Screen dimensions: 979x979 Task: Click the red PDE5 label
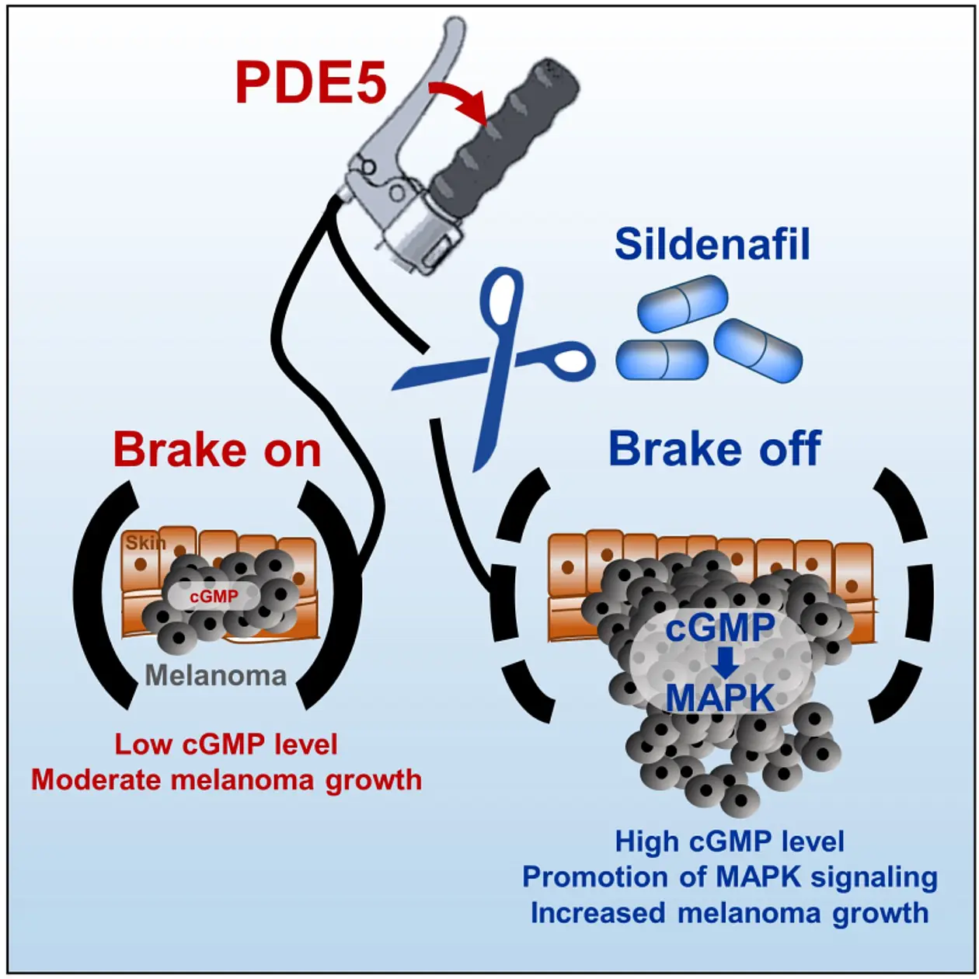point(311,83)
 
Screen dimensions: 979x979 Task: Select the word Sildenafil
point(712,245)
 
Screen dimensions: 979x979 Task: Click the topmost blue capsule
point(682,303)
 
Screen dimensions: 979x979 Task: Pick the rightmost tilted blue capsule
point(758,350)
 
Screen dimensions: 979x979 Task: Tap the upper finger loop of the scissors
point(503,300)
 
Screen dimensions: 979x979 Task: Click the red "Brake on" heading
point(217,450)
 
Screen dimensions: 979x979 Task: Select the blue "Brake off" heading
point(715,448)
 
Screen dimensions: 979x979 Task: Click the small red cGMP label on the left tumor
point(214,596)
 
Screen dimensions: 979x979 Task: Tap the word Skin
point(146,542)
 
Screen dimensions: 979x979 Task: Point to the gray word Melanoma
point(216,676)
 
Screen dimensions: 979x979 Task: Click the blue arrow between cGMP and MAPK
point(725,661)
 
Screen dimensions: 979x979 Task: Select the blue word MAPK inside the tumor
point(720,698)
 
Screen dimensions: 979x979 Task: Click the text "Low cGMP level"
point(226,745)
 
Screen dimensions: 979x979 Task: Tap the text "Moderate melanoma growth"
point(227,780)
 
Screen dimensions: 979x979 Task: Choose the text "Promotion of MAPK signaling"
point(730,877)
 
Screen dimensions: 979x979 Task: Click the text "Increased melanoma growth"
point(730,913)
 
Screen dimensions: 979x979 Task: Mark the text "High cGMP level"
point(730,841)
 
